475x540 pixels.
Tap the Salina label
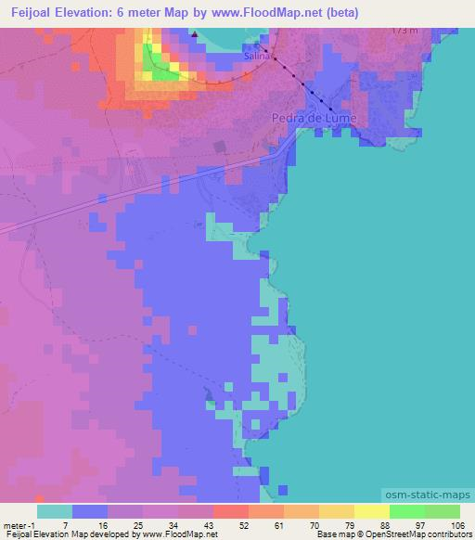tap(256, 57)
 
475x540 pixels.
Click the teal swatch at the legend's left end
tap(55, 511)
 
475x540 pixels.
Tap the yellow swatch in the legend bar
tap(371, 511)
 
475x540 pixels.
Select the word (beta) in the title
tap(338, 12)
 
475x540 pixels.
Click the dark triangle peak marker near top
tap(196, 38)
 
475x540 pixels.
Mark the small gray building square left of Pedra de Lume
tap(219, 147)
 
